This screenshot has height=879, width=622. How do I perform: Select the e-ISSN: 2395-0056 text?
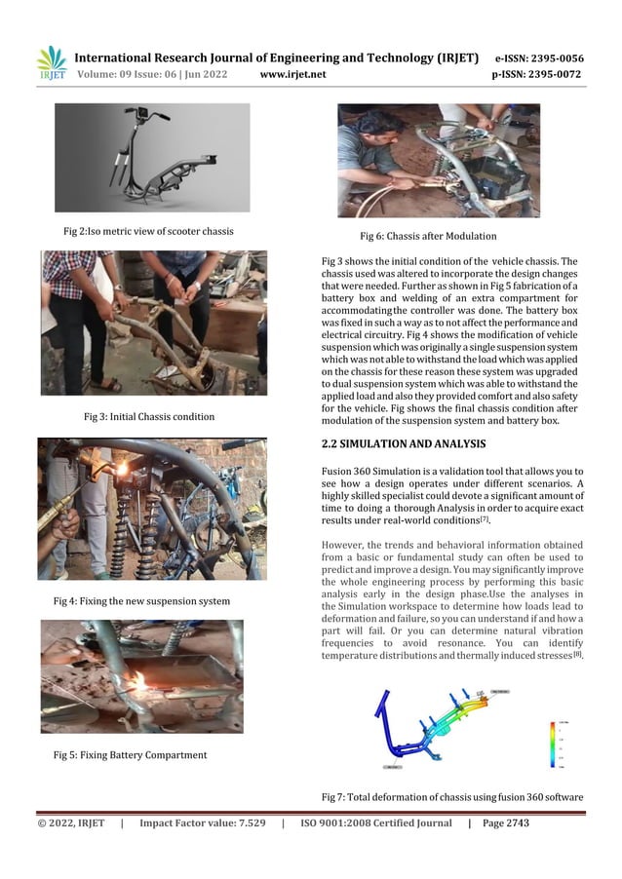coord(539,57)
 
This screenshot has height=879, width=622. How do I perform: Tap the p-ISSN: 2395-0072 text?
coord(536,74)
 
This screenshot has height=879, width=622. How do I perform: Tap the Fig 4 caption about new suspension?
coord(141,601)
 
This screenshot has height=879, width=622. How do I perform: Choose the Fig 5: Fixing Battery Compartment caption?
coord(129,754)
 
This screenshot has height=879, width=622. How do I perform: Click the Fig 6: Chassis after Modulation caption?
coord(428,236)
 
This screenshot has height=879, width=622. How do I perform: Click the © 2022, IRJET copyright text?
coord(71,823)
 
